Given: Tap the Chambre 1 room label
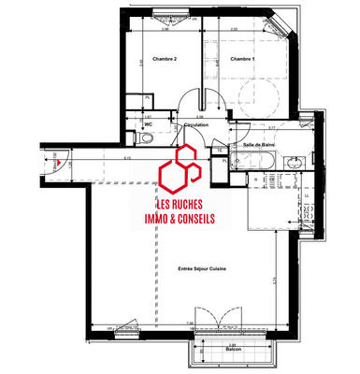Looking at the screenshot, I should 241,60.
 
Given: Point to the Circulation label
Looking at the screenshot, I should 196,123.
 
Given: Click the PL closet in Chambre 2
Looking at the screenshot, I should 150,101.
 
